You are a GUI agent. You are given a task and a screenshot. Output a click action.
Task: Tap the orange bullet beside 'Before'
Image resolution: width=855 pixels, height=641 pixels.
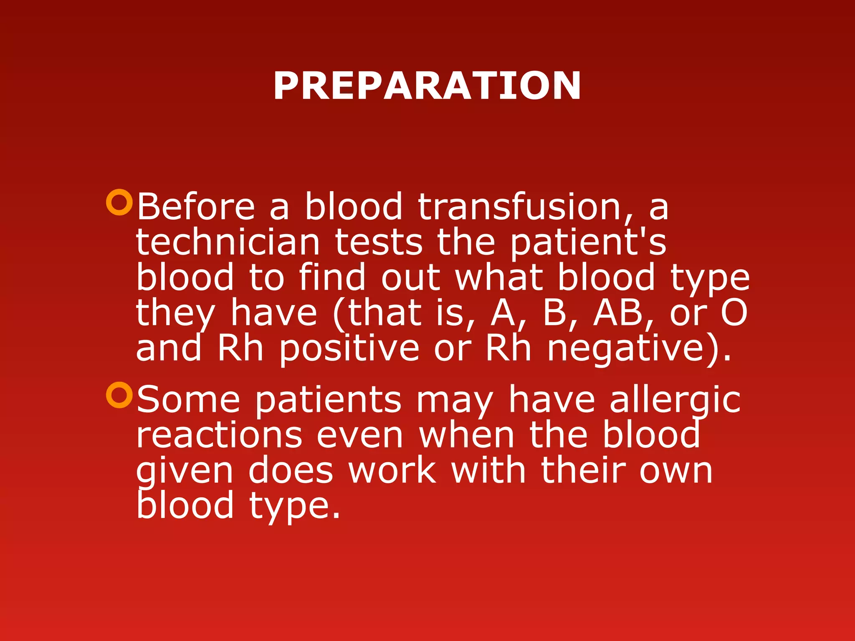click(119, 202)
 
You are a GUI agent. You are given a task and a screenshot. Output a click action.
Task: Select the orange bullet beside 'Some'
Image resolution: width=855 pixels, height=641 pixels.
click(119, 395)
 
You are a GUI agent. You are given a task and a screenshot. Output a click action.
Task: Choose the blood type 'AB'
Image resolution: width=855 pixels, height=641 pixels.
click(618, 313)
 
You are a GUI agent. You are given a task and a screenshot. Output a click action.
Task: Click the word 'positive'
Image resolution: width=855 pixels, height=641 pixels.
click(349, 349)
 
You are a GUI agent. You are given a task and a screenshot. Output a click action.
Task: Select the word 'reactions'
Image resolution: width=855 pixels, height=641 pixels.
click(219, 435)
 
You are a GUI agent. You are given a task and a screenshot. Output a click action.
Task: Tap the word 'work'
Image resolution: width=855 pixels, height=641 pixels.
click(392, 470)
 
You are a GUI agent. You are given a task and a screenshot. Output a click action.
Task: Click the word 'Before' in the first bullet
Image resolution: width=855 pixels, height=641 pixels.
click(195, 207)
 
